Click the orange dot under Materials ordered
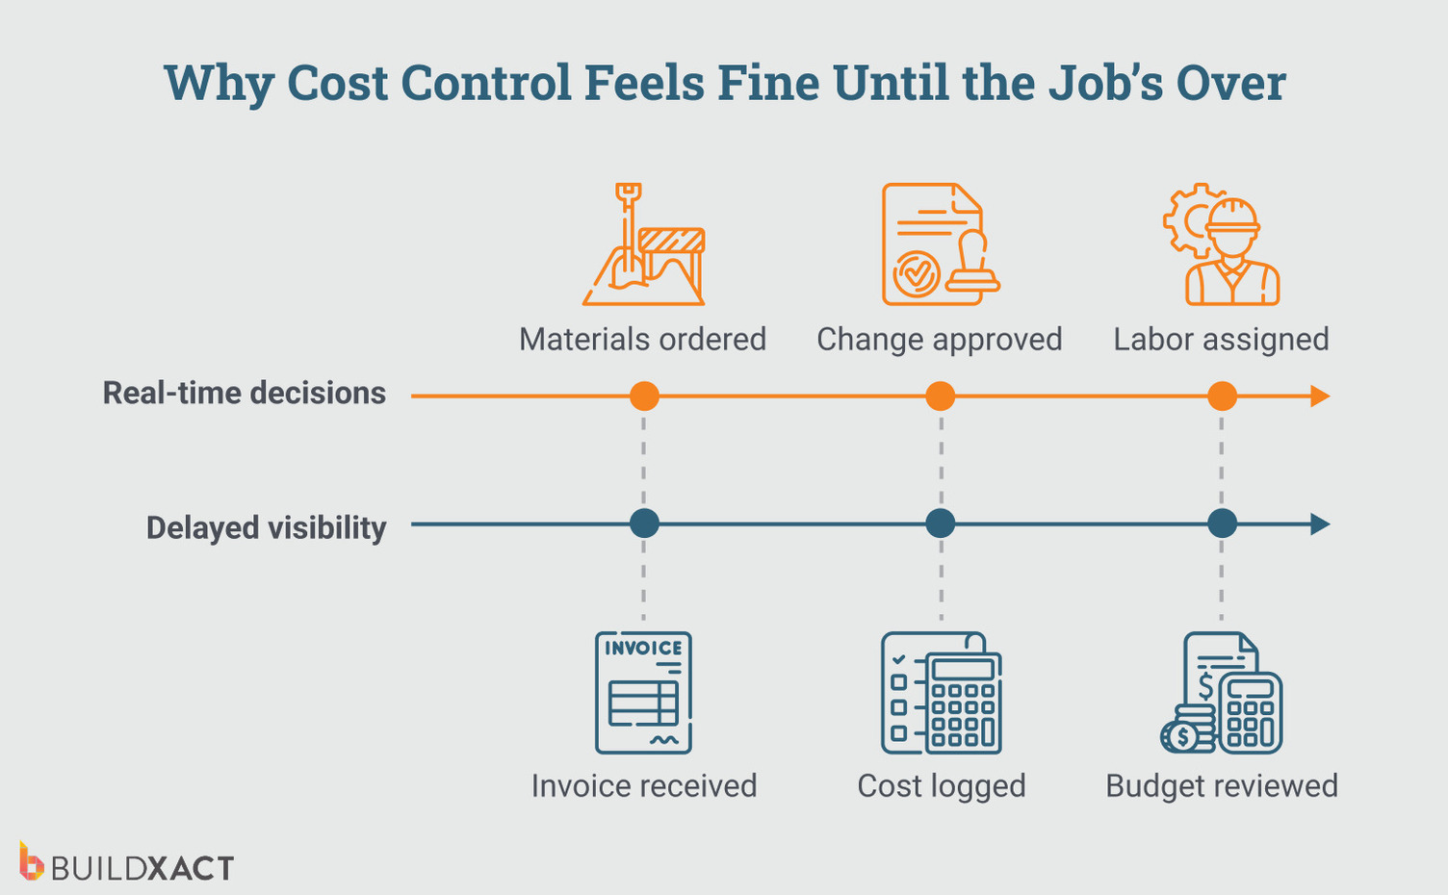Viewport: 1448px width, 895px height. [x=644, y=396]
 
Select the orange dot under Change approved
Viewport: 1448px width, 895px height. [x=940, y=396]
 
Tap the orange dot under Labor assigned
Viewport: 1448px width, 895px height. [x=1222, y=396]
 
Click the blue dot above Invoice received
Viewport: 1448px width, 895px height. [x=644, y=524]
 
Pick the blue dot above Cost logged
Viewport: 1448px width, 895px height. [x=940, y=524]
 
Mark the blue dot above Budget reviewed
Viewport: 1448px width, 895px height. [x=1222, y=524]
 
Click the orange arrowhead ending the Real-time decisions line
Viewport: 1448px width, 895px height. [x=1320, y=396]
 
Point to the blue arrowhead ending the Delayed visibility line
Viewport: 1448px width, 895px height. [x=1320, y=524]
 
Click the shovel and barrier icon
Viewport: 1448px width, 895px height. [x=644, y=244]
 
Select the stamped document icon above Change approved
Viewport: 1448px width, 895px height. [x=940, y=244]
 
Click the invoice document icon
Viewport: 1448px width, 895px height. [x=643, y=692]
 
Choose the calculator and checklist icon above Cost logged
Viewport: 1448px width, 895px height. [x=941, y=692]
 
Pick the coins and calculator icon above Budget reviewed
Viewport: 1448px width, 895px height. [x=1222, y=692]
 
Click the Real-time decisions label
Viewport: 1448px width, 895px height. [x=245, y=394]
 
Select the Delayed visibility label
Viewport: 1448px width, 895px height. [x=266, y=528]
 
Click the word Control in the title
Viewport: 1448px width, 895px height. [x=486, y=83]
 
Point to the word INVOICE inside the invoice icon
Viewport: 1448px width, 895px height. [x=643, y=648]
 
